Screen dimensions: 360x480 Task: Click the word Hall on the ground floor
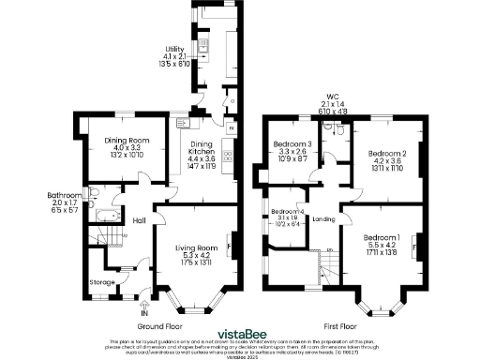138,220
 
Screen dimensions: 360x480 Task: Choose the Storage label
101,280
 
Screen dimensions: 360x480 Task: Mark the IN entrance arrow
144,307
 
